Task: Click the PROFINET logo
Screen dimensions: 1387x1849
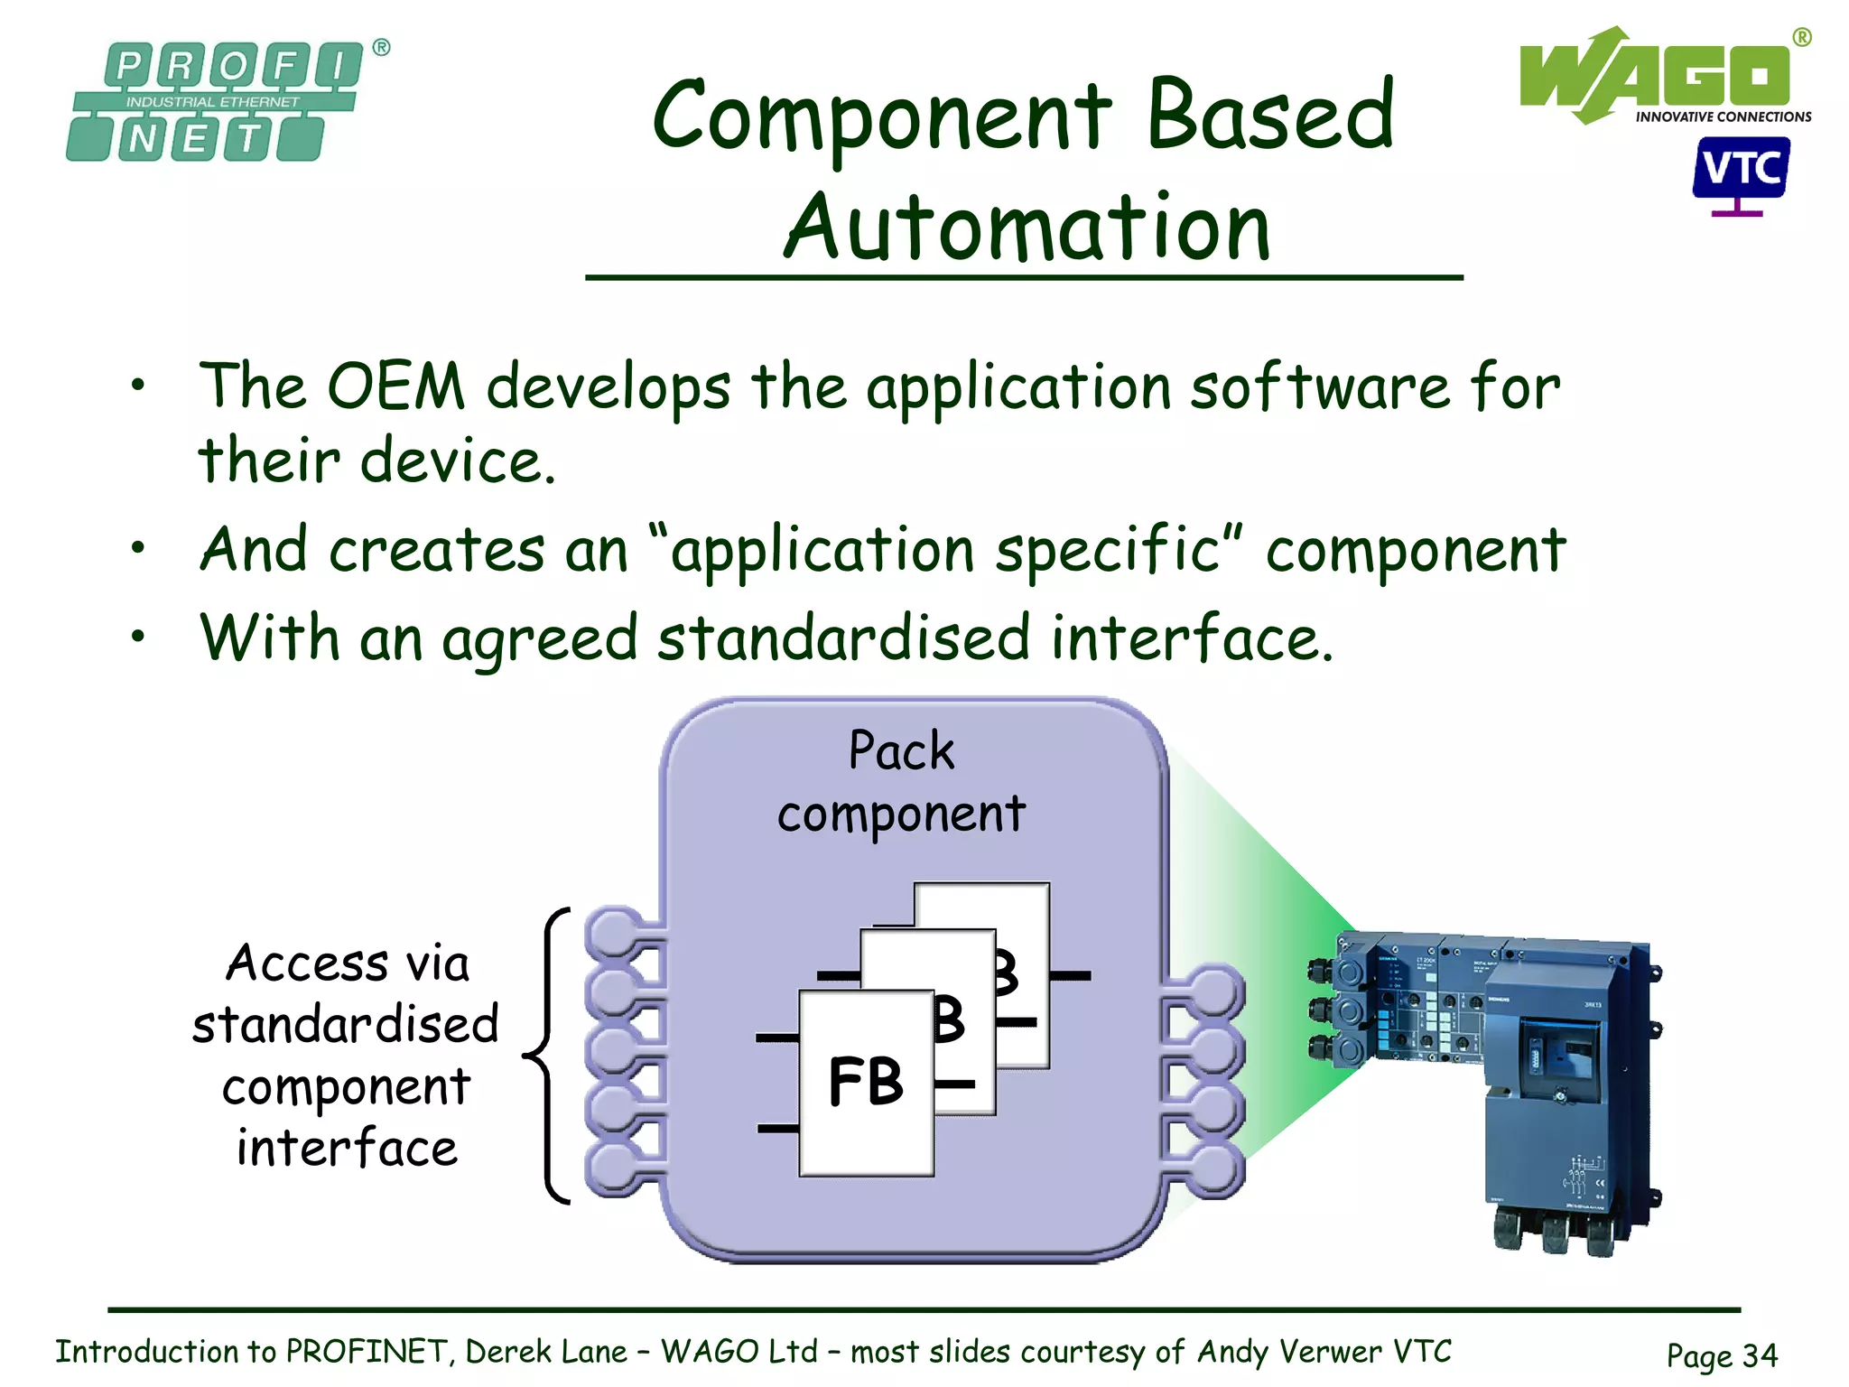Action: (215, 101)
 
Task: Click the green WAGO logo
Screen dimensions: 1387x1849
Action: (1658, 78)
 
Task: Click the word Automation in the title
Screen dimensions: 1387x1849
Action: (1027, 228)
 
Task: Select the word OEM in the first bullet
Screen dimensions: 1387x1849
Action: (395, 386)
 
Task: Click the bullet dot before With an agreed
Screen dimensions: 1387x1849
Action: (137, 637)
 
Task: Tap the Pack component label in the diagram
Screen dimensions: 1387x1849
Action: (901, 782)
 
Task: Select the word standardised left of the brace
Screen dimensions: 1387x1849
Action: (346, 1024)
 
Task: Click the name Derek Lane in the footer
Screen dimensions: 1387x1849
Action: (545, 1352)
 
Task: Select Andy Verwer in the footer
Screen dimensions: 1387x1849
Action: (1289, 1352)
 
